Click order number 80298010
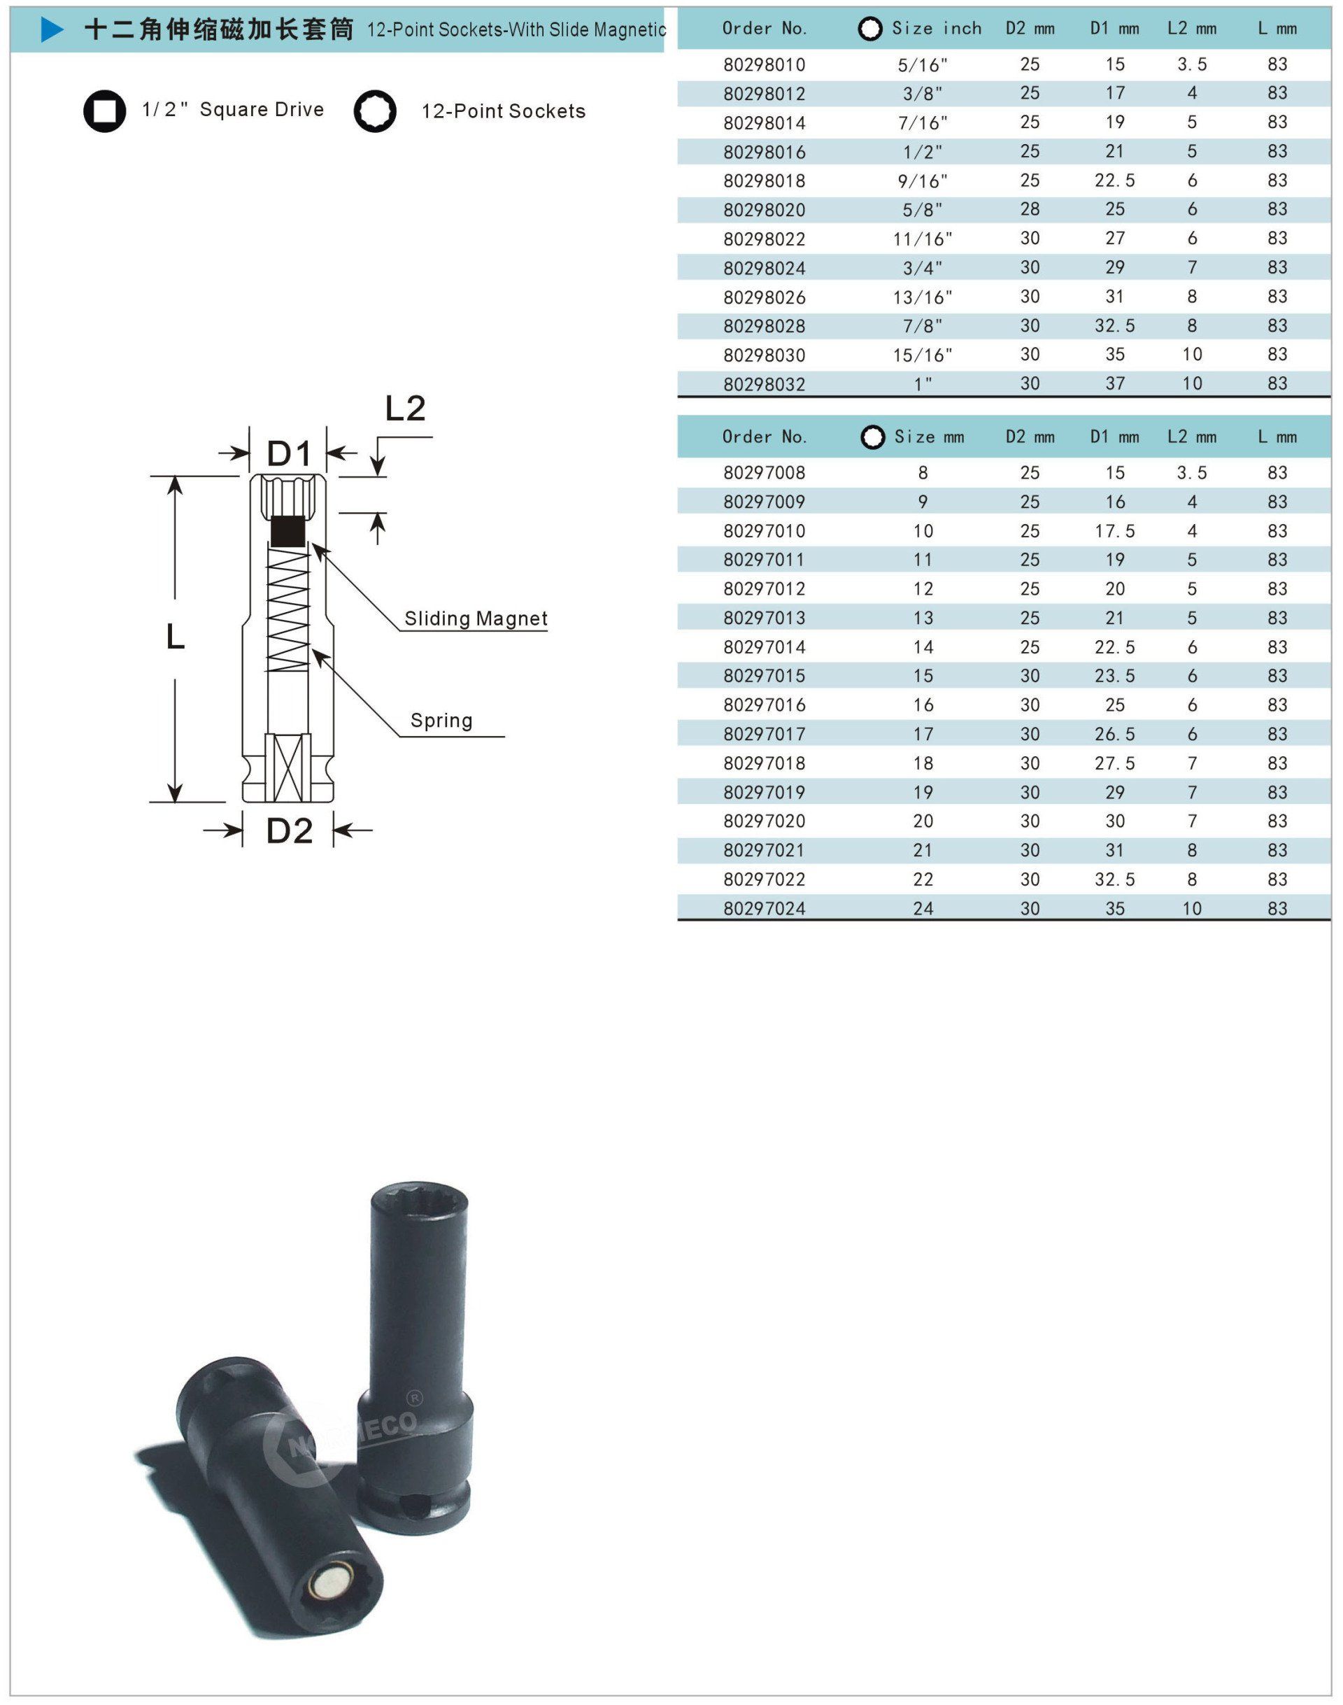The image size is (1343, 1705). coord(765,64)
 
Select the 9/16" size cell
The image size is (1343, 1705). coord(923,181)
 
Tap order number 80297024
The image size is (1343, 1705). coord(765,908)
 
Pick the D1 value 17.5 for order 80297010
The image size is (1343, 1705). coord(1114,531)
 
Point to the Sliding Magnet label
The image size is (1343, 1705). coord(476,618)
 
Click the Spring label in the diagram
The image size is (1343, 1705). coord(441,721)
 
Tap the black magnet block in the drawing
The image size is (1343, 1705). coord(287,531)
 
